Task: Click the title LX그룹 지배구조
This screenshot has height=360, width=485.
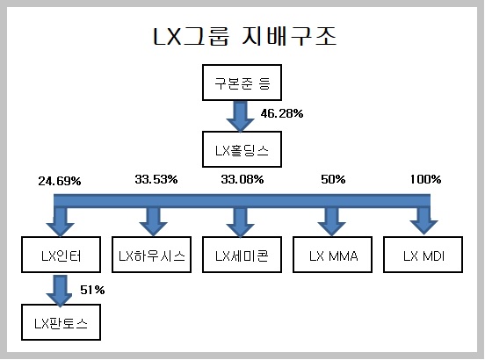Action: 244,37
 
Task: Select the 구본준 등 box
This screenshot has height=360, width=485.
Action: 242,83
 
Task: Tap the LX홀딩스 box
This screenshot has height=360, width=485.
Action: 242,149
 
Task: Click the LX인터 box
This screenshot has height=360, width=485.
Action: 61,255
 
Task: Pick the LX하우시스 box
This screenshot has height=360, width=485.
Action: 151,255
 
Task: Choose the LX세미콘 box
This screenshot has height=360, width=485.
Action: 242,255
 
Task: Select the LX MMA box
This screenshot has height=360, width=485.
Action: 332,255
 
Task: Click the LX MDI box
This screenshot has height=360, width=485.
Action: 423,255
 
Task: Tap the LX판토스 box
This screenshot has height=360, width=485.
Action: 61,322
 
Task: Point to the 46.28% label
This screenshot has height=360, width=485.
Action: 282,113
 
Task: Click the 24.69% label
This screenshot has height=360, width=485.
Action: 60,181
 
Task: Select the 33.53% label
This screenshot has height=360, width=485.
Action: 156,179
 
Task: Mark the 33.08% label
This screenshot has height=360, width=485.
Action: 242,179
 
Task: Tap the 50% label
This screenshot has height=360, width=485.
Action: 333,179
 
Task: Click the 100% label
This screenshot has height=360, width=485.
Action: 425,179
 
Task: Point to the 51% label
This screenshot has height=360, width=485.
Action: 92,290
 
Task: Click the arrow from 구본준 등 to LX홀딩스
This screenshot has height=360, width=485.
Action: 241,117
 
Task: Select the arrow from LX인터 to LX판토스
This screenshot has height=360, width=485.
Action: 60,291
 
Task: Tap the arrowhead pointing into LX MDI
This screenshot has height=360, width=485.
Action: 423,228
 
